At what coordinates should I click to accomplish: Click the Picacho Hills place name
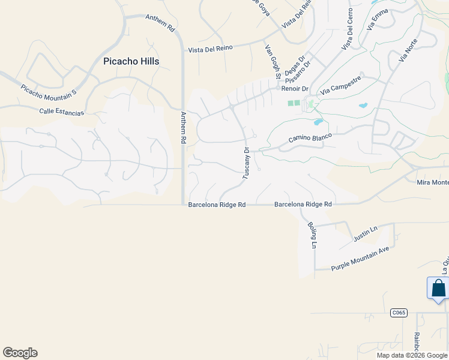(131, 61)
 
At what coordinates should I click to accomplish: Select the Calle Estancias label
(62, 112)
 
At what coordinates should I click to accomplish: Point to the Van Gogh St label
(273, 61)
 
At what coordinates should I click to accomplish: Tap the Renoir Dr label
(294, 89)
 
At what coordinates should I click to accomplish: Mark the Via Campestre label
(341, 85)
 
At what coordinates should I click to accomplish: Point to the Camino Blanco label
(310, 138)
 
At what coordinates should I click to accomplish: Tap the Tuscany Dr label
(246, 162)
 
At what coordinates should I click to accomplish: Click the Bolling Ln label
(312, 235)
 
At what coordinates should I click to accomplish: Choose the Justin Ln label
(366, 234)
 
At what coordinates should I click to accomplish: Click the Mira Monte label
(432, 182)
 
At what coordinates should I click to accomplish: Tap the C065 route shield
(399, 313)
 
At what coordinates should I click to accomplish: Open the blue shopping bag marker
(438, 288)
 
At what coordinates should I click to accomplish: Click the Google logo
(20, 353)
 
